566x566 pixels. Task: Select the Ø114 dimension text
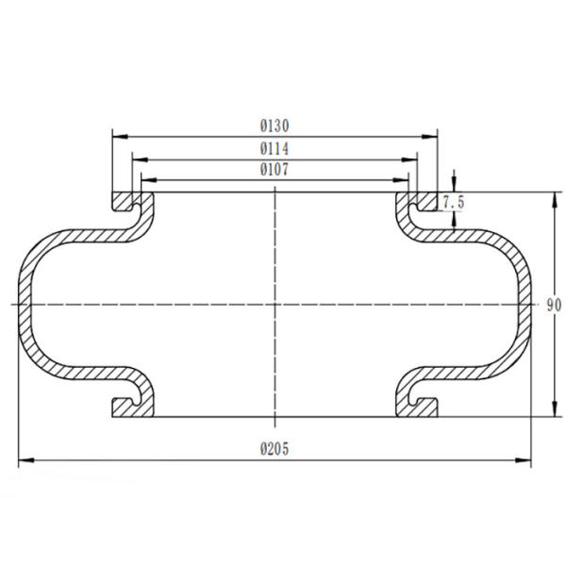[x=275, y=149]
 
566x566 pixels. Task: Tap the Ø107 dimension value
[x=275, y=170]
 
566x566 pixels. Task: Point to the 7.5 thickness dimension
[x=454, y=202]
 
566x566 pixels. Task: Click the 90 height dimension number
[x=554, y=305]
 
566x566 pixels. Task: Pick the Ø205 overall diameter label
[x=275, y=448]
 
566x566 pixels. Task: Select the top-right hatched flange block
[x=427, y=202]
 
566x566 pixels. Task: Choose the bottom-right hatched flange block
[x=427, y=407]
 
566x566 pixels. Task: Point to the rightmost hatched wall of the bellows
[x=525, y=304]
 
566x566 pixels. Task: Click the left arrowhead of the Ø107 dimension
[x=144, y=180]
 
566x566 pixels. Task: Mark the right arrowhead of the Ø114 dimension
[x=415, y=159]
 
